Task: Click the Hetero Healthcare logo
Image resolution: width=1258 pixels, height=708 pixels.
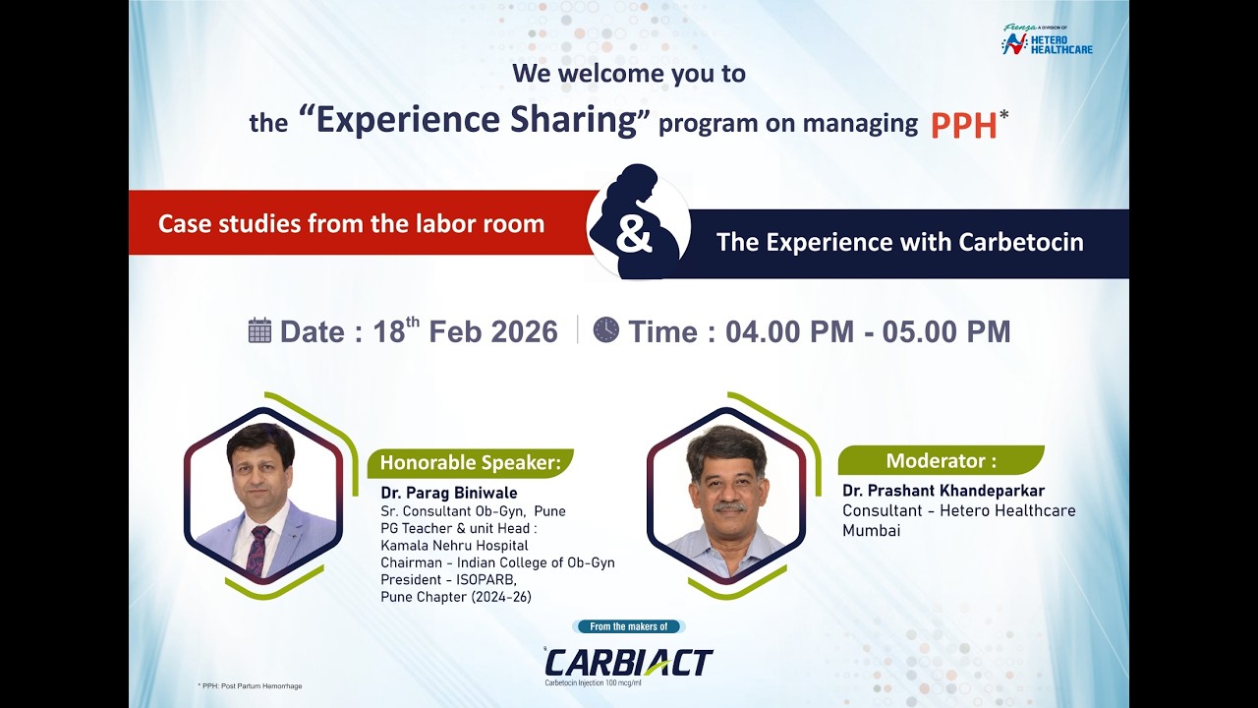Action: pyautogui.click(x=1047, y=41)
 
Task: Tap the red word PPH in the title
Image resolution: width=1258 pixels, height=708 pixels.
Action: pyautogui.click(x=963, y=125)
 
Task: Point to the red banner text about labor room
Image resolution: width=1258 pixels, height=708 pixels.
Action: pyautogui.click(x=351, y=223)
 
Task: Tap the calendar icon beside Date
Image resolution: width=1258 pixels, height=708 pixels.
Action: pyautogui.click(x=259, y=330)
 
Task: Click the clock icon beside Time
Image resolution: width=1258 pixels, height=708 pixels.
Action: pyautogui.click(x=606, y=329)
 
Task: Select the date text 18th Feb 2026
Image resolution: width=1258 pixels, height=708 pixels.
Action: pyautogui.click(x=465, y=331)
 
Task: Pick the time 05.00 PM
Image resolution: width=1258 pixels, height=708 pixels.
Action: pyautogui.click(x=945, y=331)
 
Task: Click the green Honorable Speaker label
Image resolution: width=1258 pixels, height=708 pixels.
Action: pyautogui.click(x=470, y=462)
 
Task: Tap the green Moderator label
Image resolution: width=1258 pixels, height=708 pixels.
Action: pyautogui.click(x=941, y=460)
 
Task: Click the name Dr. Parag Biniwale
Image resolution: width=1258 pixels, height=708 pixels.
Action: pyautogui.click(x=449, y=493)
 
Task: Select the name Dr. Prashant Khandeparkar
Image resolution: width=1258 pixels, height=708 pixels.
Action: pyautogui.click(x=943, y=491)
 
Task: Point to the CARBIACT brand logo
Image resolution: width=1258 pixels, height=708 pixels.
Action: pyautogui.click(x=629, y=663)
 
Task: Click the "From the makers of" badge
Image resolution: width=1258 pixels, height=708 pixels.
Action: pyautogui.click(x=628, y=626)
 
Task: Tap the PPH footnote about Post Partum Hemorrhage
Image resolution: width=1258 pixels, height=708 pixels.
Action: pyautogui.click(x=250, y=685)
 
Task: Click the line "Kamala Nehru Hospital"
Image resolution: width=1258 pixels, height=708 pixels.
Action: pyautogui.click(x=454, y=546)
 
